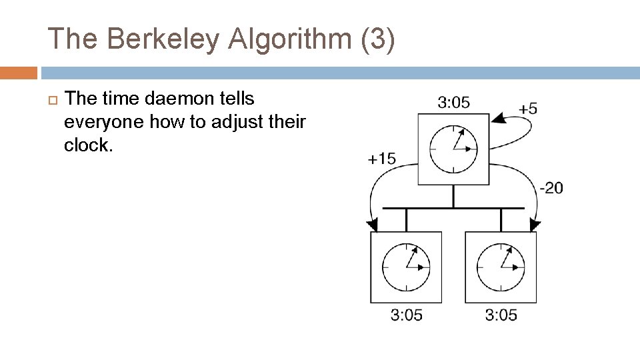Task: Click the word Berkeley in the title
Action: click(x=161, y=39)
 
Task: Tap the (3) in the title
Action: click(x=377, y=39)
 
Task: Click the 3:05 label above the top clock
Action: click(x=453, y=102)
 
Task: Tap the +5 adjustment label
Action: click(x=528, y=108)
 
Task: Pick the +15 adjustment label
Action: click(x=381, y=158)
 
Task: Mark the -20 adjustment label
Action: click(x=551, y=188)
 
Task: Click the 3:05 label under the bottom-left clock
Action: click(x=406, y=315)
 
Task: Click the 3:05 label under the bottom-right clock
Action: click(x=501, y=315)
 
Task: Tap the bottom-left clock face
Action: click(x=406, y=267)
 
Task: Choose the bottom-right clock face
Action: click(x=501, y=267)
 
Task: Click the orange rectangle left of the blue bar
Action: click(x=19, y=73)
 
